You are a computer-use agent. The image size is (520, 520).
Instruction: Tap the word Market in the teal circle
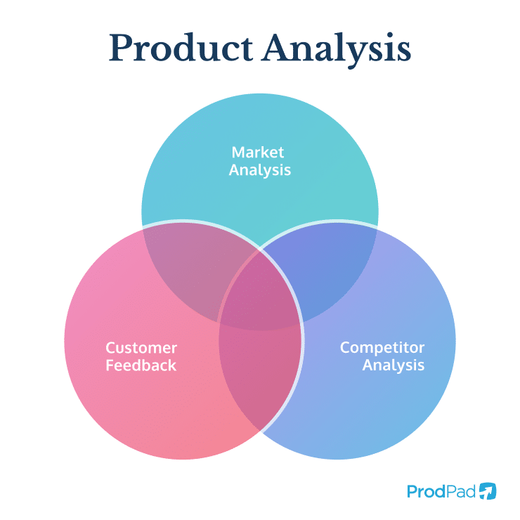[260, 152]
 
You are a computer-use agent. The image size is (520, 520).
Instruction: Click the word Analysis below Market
[260, 169]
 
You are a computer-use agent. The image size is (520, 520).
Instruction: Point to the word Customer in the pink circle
[141, 348]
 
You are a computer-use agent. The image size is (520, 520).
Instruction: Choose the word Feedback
[141, 365]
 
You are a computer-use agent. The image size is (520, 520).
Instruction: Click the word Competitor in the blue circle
[382, 348]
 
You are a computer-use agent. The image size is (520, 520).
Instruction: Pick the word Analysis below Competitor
[393, 365]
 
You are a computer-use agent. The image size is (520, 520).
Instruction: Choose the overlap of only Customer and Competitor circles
[260, 372]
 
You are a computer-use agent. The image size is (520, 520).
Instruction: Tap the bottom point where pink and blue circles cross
[260, 429]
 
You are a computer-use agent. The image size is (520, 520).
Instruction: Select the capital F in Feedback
[110, 365]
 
